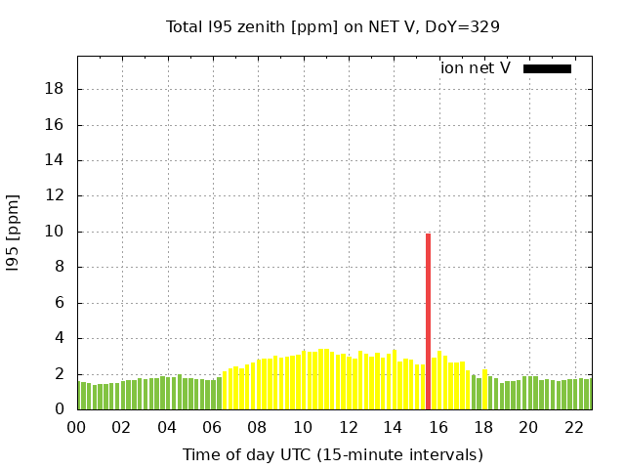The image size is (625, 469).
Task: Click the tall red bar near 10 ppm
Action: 428,321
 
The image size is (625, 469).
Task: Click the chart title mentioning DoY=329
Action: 333,27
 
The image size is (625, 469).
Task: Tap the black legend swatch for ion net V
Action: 547,68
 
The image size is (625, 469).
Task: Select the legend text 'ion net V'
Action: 476,68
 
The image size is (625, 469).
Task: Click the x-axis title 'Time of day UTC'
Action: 333,455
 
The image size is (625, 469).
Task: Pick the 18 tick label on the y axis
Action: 56,89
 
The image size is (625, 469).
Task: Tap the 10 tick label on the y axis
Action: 56,232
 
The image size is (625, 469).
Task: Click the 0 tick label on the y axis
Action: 61,409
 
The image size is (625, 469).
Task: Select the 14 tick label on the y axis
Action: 56,160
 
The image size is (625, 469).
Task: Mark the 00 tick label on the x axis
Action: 76,427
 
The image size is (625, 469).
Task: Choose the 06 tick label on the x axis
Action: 212,427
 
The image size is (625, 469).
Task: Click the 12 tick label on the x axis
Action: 348,427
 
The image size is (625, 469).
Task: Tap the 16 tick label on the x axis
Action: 437,427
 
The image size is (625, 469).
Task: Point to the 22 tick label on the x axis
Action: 573,427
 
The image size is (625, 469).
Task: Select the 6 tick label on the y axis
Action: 61,303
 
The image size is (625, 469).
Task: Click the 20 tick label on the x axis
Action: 528,427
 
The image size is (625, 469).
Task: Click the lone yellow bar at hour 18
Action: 485,390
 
